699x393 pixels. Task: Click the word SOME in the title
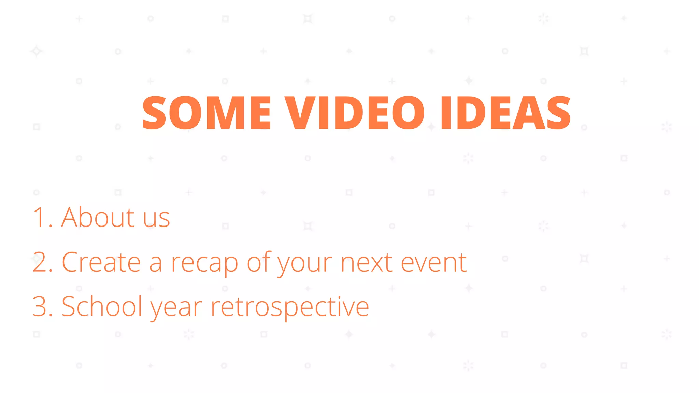coord(206,113)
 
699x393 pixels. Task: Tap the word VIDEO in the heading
coord(355,113)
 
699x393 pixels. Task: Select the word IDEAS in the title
coord(505,113)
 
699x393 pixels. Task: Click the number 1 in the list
coord(39,217)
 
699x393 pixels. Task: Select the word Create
coord(101,262)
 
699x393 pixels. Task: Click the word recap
coord(204,264)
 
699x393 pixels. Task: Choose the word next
coord(366,263)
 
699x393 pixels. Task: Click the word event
coord(433,263)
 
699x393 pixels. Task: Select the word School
coord(102,307)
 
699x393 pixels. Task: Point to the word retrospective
coord(290,307)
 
